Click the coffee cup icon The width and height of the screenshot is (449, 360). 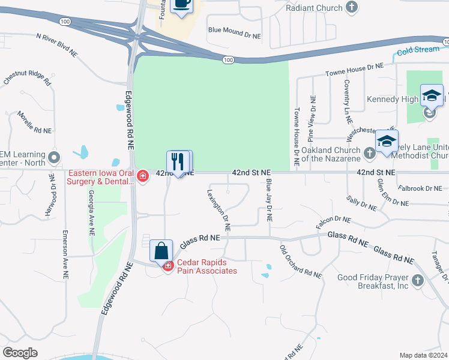click(x=182, y=5)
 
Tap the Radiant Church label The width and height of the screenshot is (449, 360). click(x=314, y=8)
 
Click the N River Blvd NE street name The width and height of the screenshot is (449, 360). click(x=57, y=45)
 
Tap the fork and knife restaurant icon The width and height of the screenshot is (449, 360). click(x=178, y=161)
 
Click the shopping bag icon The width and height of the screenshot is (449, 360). click(x=161, y=251)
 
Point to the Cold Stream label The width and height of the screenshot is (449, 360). click(x=418, y=50)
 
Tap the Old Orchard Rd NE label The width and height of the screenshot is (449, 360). click(x=301, y=261)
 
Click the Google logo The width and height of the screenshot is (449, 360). click(x=20, y=352)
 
